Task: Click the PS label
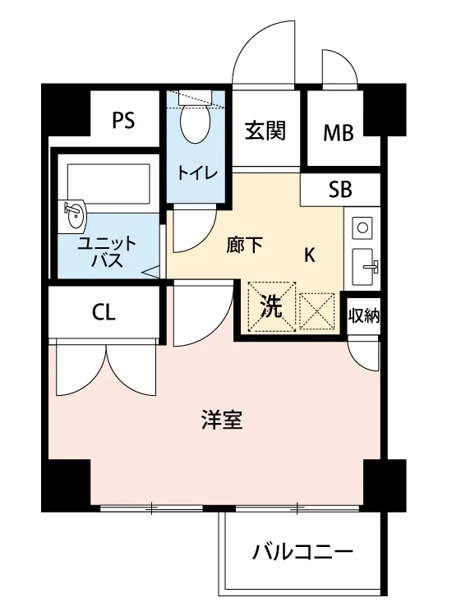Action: (x=123, y=120)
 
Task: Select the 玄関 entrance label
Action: (x=265, y=131)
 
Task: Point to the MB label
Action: (x=338, y=133)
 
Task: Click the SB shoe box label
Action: (x=340, y=190)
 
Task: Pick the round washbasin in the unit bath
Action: (x=74, y=214)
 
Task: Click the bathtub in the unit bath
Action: (x=108, y=183)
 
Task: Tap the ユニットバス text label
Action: (x=107, y=252)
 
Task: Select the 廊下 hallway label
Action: (x=244, y=246)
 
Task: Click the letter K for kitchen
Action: (x=310, y=255)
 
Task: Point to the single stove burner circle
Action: (x=362, y=228)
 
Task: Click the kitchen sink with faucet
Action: (x=362, y=266)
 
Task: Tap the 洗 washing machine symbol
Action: (x=271, y=307)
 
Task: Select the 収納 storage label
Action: (x=364, y=315)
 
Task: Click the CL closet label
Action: (x=104, y=313)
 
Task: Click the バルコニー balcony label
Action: (x=302, y=553)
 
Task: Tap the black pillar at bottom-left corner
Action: (x=66, y=485)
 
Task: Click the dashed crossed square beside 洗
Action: (x=316, y=311)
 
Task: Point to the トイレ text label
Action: (x=197, y=172)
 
